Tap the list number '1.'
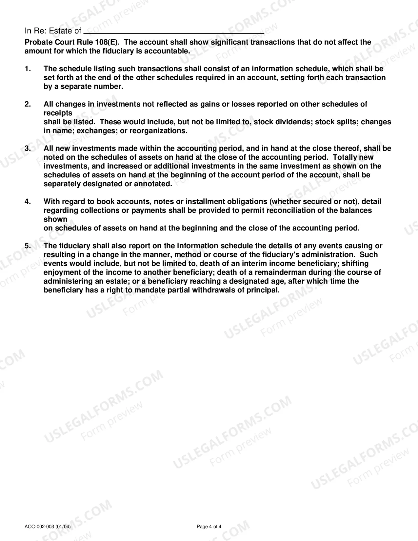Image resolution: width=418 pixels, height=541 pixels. click(x=28, y=69)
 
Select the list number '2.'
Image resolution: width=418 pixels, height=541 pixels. click(x=28, y=104)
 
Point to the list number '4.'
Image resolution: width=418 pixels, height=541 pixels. click(x=28, y=202)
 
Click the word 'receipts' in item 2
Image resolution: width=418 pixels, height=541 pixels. click(x=58, y=113)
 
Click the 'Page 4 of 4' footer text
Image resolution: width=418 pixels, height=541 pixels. click(x=209, y=527)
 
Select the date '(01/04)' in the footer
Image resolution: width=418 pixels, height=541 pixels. click(x=63, y=527)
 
